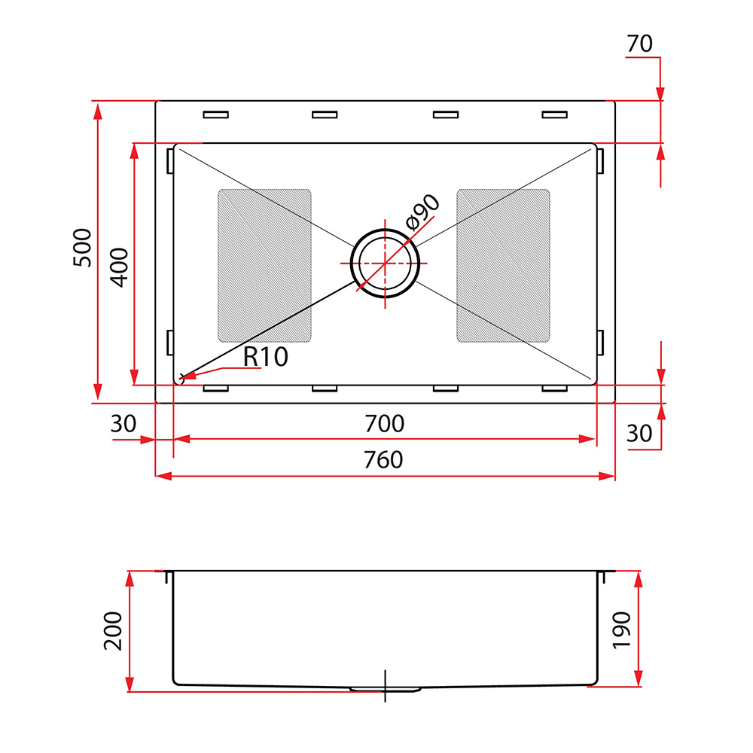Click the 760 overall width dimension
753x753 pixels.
coord(383,460)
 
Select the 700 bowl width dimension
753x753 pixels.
coord(384,423)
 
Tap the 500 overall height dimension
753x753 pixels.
coord(82,248)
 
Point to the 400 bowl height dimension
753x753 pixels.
coord(120,267)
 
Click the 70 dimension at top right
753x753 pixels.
coord(639,44)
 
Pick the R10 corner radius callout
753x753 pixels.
coord(265,357)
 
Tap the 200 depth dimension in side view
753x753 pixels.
coord(114,631)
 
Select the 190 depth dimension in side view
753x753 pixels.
coord(622,630)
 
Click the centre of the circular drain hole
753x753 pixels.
coord(385,263)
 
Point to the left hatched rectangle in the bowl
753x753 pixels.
coord(264,266)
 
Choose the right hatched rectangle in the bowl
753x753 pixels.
coord(503,266)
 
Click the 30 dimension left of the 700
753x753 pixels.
coord(123,423)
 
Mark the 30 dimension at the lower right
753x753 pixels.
coord(639,433)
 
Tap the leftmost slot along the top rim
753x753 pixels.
coord(215,114)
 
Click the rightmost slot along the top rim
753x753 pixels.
coord(555,114)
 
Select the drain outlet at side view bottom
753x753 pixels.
coord(385,689)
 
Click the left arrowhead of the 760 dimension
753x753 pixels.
coord(163,476)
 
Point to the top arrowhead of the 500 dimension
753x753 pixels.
coord(97,111)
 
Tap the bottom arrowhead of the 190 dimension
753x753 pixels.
coord(639,678)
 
